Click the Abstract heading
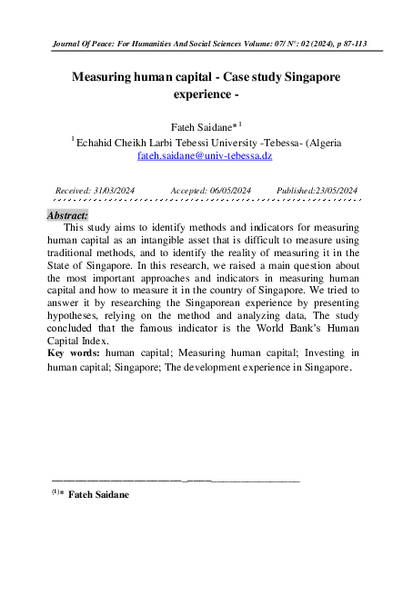point(67,215)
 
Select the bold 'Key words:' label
point(74,351)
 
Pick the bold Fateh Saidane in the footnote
point(98,494)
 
